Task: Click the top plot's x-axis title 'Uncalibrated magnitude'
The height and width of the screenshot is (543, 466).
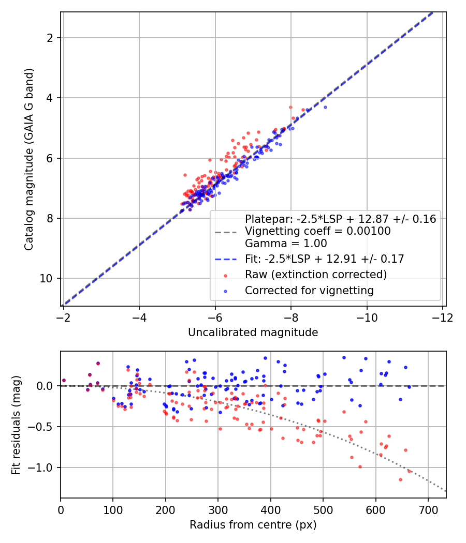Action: [x=253, y=333]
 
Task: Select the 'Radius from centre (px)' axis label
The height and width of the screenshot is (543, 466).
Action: [x=253, y=525]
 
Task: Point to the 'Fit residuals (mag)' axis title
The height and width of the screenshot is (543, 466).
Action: [x=16, y=425]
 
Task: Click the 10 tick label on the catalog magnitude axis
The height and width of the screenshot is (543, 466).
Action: [x=47, y=278]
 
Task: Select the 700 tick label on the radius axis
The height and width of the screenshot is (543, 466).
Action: [x=428, y=509]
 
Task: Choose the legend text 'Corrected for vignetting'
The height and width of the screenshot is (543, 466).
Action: [x=309, y=291]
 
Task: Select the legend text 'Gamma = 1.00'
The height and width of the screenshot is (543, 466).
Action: [x=286, y=243]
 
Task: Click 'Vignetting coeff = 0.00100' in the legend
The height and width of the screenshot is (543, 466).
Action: [x=318, y=231]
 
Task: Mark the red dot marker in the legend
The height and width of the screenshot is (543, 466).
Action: [x=225, y=275]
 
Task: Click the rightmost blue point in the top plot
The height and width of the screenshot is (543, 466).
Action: [x=325, y=107]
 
